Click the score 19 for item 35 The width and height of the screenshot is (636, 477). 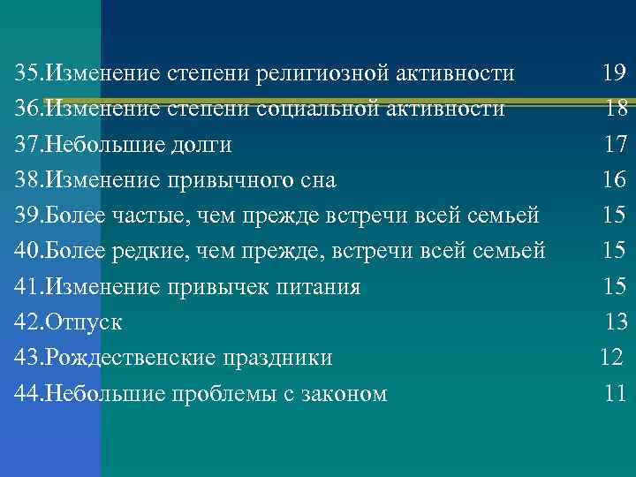point(614,73)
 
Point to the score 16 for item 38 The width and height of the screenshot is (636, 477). point(614,180)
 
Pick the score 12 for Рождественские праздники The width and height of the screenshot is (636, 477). point(611,358)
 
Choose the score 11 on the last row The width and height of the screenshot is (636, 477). point(616,394)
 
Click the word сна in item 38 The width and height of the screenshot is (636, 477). point(318,180)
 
